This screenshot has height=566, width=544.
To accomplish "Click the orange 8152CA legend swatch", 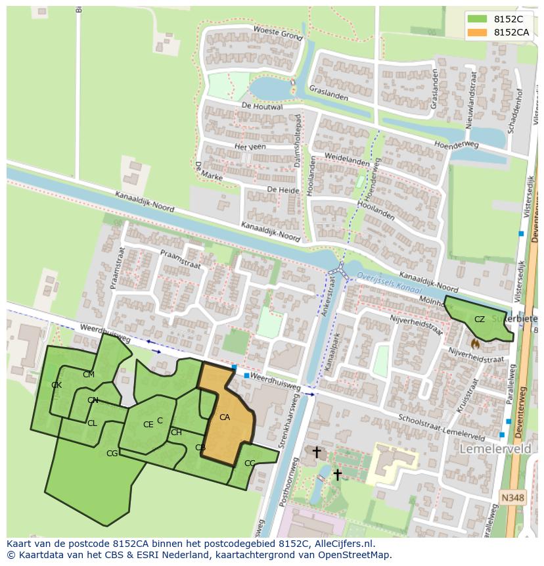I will [478, 32].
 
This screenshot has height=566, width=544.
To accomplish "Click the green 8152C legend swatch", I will [478, 19].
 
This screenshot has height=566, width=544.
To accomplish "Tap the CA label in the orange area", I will [225, 417].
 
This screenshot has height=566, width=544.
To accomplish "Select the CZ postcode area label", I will [480, 319].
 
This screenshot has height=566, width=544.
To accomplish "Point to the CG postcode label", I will [112, 453].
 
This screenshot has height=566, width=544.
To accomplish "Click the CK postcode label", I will [57, 385].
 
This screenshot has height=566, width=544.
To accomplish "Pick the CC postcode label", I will [250, 463].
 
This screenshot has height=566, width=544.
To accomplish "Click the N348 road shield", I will [512, 498].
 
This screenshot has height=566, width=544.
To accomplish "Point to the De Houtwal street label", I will [261, 106].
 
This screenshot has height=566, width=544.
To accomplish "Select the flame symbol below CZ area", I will [475, 342].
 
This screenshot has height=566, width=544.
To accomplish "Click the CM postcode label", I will [88, 375].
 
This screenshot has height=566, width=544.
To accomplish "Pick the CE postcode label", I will [148, 425].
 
